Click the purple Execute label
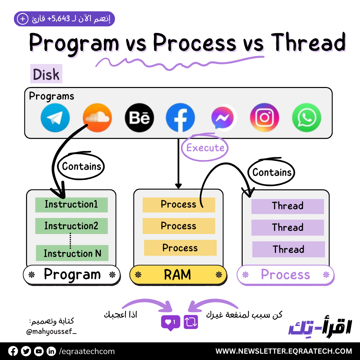pos(205,148)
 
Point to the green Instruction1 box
pos(71,205)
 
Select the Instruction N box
pos(72,254)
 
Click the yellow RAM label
pos(178,275)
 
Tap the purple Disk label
pos(46,74)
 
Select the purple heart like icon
pos(170,322)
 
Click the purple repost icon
pos(191,322)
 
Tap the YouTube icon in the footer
pos(39,351)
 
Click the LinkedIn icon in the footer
pos(51,351)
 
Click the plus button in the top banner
pos(23,19)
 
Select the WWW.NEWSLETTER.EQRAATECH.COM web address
pos(284,351)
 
